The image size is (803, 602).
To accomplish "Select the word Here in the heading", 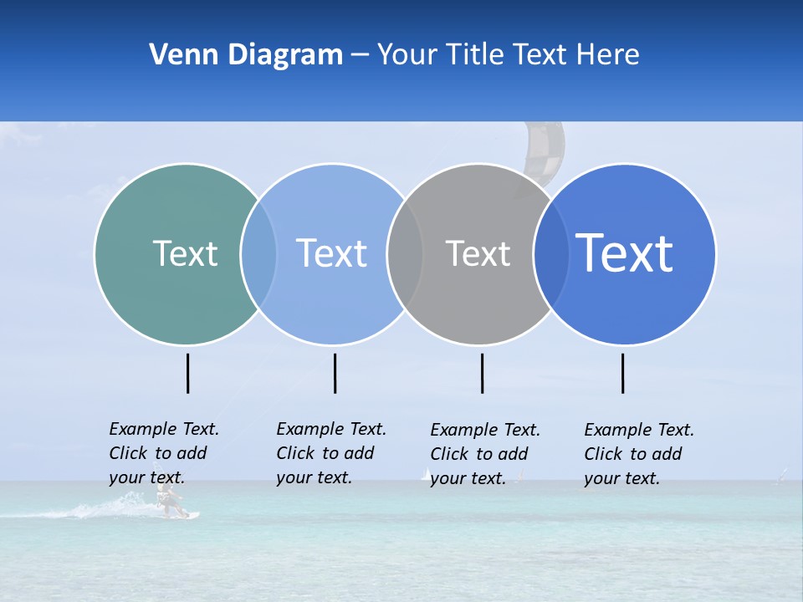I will click(x=608, y=54).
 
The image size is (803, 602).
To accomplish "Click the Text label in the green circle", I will click(x=185, y=253).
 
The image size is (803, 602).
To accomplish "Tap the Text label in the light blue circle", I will click(x=331, y=253).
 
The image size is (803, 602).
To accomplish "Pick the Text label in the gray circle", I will click(x=478, y=253).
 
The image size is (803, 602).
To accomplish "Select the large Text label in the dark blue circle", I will click(x=624, y=253).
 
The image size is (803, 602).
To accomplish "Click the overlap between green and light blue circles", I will click(x=258, y=254).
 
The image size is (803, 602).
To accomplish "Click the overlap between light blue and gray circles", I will click(x=405, y=254).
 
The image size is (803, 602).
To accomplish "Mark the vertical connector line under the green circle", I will click(x=187, y=373).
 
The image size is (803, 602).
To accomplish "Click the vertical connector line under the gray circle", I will click(x=482, y=373).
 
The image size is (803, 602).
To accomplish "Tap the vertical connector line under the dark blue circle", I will click(x=622, y=373).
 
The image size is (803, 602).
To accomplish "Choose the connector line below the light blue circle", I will click(x=335, y=373).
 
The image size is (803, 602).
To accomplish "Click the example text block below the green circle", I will click(x=164, y=453).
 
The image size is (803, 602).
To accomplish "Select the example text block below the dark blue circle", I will click(x=639, y=454).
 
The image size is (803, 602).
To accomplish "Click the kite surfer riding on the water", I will click(x=170, y=501).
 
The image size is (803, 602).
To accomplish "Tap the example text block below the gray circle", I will click(x=485, y=454).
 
